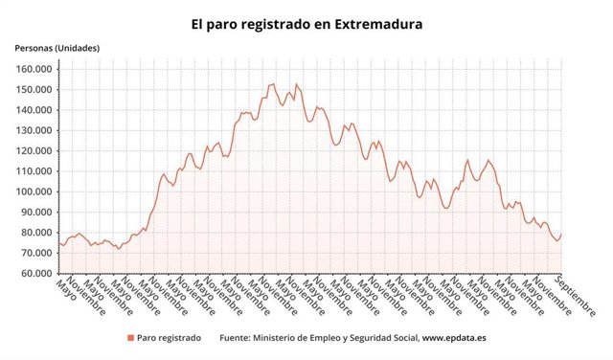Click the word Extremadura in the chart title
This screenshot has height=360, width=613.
click(x=378, y=24)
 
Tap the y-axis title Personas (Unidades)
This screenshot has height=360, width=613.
click(x=57, y=48)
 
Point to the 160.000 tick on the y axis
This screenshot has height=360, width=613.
click(x=34, y=69)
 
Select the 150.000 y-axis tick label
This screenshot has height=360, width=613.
click(x=34, y=89)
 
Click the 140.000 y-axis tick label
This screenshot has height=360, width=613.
click(x=34, y=110)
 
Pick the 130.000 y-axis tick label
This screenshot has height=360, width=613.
click(x=34, y=130)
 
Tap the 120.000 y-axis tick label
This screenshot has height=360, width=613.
click(x=34, y=150)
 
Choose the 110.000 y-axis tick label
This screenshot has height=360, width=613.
click(x=34, y=171)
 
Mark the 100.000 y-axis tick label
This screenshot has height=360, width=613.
click(x=34, y=191)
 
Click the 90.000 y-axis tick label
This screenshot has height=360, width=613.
click(x=36, y=212)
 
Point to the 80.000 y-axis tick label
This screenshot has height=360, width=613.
click(x=36, y=233)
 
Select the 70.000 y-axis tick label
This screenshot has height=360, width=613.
click(x=36, y=253)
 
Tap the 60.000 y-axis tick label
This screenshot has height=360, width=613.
click(x=36, y=273)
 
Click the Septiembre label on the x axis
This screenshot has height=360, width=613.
click(x=576, y=296)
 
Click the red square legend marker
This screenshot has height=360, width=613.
click(x=130, y=338)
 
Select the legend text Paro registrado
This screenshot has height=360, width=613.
click(x=169, y=338)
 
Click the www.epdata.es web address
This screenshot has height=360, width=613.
click(x=454, y=338)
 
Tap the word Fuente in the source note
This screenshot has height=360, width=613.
click(x=234, y=338)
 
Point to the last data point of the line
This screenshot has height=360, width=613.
click(x=561, y=235)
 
